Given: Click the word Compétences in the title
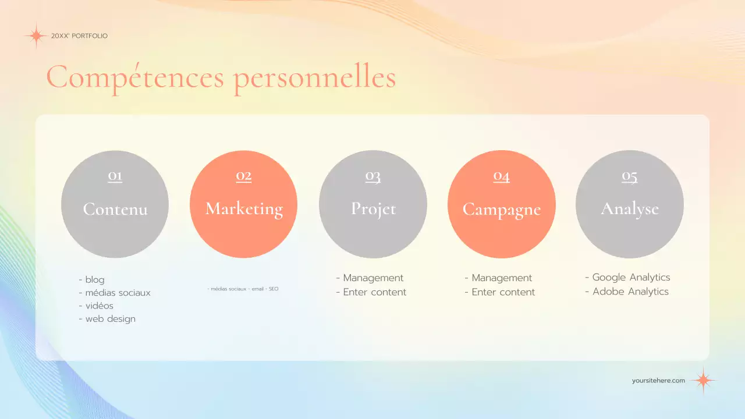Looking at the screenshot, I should [x=135, y=78].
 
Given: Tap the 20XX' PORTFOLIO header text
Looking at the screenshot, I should [x=79, y=36].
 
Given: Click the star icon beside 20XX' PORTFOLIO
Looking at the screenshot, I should [x=36, y=36].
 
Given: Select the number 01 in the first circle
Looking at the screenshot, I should [x=115, y=176].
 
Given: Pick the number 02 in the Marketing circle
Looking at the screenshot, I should [x=243, y=176].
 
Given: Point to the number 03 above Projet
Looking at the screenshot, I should [x=372, y=176].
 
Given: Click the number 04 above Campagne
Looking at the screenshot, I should [x=501, y=176].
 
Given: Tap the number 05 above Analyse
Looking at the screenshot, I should [x=629, y=176].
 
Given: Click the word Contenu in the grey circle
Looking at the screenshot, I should [x=115, y=209].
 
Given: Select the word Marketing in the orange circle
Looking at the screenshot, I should [x=244, y=209].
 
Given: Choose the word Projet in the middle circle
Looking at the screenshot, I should [x=373, y=209].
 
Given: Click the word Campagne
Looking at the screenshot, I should [x=501, y=210].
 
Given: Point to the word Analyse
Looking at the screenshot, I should [x=630, y=209].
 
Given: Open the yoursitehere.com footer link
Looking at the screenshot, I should [x=658, y=381].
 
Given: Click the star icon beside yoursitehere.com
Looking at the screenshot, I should [x=703, y=381].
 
